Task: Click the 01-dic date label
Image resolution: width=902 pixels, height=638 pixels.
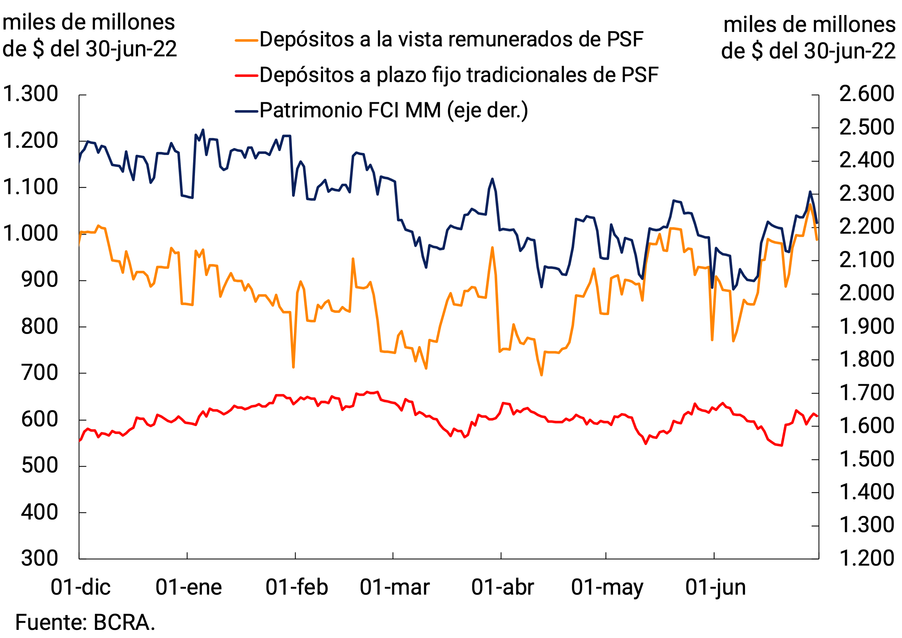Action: point(81,588)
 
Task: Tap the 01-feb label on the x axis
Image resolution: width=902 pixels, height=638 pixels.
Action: point(297,588)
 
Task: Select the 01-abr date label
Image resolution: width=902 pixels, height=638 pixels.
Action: point(503,588)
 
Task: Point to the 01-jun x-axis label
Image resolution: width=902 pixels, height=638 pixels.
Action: point(716,588)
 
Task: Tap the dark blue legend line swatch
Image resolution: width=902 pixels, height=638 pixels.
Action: point(246,111)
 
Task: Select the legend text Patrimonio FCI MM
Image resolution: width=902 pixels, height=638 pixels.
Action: point(350,110)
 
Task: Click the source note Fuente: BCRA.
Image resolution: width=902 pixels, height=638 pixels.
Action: point(85,623)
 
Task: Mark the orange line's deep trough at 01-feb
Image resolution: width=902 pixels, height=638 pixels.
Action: point(294,367)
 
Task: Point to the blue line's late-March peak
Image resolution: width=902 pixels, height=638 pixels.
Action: point(492,179)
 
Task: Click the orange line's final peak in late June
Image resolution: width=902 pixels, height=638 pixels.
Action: point(810,205)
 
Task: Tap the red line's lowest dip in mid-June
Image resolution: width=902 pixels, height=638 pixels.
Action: point(782,445)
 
